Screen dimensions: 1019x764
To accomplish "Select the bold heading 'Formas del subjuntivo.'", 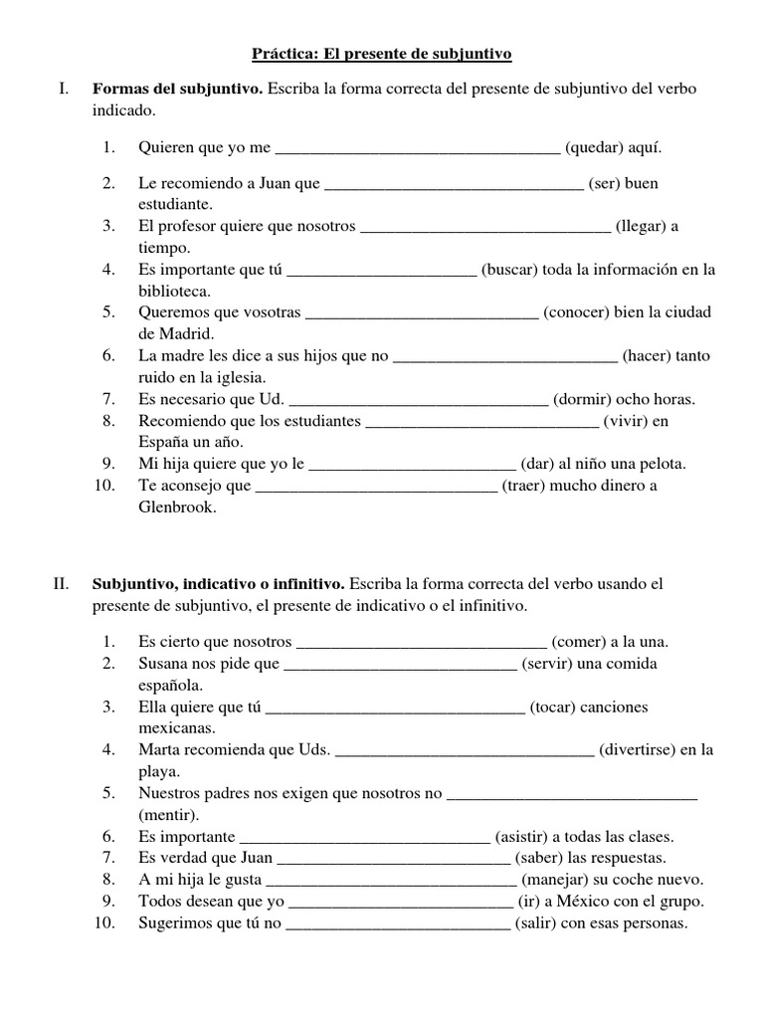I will [x=178, y=90].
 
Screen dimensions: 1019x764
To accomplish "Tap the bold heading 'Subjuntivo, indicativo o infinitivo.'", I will [x=219, y=583].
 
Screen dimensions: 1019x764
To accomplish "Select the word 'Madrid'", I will [x=188, y=333].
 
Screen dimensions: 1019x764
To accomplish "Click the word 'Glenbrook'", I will [x=176, y=507].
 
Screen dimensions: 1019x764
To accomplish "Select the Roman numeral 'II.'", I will [x=61, y=583].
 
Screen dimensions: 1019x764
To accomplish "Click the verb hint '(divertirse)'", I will [x=639, y=750].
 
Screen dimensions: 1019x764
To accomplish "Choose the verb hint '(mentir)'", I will [x=169, y=815].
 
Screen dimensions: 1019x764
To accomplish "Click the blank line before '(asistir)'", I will [x=366, y=838].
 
